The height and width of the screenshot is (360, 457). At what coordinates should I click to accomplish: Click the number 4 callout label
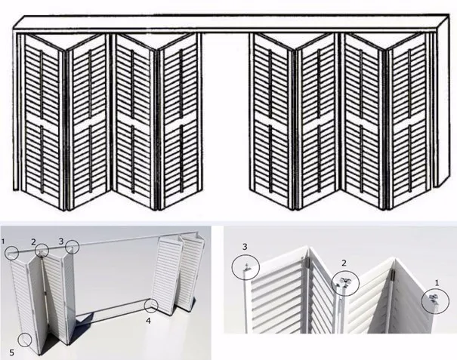[x=148, y=321]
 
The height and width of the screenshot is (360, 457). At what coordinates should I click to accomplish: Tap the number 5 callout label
[x=11, y=352]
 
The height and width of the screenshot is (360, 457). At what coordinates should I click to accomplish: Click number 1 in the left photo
[x=3, y=242]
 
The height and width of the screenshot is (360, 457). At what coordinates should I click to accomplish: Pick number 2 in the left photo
[x=33, y=242]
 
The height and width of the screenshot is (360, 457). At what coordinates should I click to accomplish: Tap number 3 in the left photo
[x=61, y=242]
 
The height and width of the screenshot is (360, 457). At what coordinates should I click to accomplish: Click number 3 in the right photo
[x=245, y=247]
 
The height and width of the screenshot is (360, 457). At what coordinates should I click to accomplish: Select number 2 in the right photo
[x=344, y=263]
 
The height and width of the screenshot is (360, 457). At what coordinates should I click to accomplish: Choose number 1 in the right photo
[x=437, y=282]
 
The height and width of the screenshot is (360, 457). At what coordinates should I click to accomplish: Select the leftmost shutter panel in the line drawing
[x=42, y=119]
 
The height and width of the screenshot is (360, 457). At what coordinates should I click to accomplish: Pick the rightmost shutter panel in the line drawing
[x=408, y=119]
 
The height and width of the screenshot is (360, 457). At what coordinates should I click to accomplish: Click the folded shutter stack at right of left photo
[x=179, y=275]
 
